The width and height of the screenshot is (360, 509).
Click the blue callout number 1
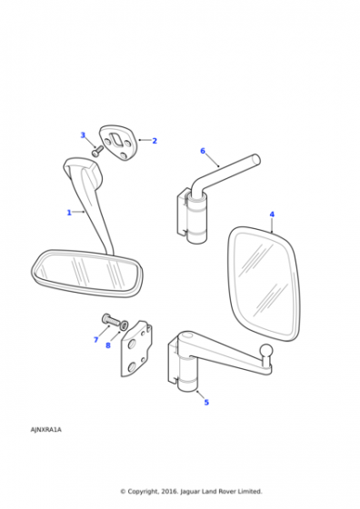(69, 213)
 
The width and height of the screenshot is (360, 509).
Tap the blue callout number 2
(155, 141)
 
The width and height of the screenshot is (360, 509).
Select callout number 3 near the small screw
(83, 135)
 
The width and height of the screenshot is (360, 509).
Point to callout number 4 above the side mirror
(272, 215)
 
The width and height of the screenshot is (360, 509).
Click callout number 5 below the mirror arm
(206, 402)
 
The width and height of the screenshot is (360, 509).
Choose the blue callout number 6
(203, 151)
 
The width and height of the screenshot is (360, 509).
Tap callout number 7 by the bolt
(96, 340)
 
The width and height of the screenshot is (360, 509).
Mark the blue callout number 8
(108, 345)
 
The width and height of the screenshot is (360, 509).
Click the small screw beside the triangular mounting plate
(97, 151)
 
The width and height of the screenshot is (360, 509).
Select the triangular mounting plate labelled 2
(118, 144)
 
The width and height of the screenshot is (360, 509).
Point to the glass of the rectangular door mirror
(264, 284)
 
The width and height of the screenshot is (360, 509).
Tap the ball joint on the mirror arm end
(267, 351)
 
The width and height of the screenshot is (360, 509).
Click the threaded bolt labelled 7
(110, 320)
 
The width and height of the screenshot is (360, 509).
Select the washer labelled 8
(124, 325)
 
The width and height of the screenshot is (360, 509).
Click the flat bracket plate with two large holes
(136, 349)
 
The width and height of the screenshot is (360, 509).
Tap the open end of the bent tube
(256, 159)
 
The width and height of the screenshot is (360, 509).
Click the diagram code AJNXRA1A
(45, 430)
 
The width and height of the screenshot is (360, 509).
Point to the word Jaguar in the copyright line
(191, 492)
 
